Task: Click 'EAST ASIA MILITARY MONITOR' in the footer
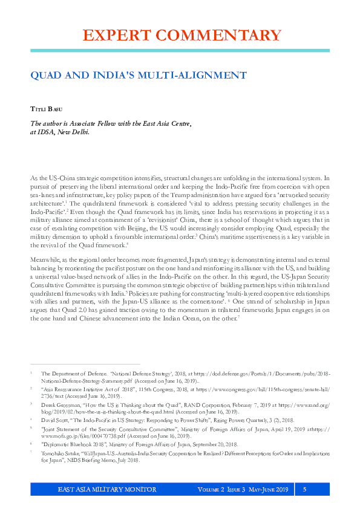coord(106,489)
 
